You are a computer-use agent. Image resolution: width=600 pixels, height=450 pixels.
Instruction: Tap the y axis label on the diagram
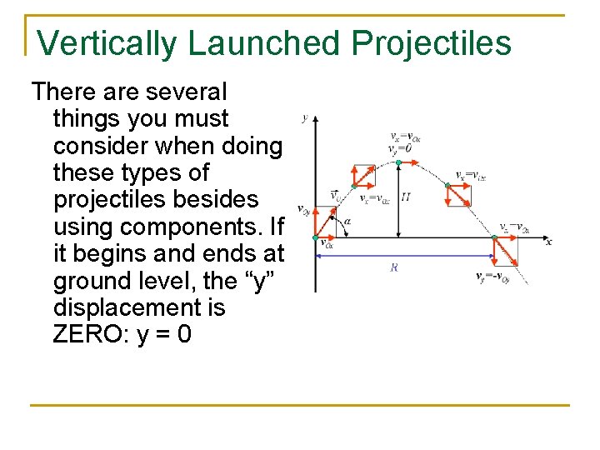(305, 117)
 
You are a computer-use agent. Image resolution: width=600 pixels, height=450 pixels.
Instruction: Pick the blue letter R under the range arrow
(393, 267)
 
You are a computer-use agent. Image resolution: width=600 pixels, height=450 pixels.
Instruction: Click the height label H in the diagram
(406, 197)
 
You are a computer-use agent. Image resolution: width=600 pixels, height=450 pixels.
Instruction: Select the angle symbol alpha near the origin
(346, 222)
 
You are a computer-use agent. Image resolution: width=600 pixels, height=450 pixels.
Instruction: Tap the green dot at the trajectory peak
(400, 161)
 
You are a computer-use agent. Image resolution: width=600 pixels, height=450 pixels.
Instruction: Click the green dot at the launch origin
(315, 238)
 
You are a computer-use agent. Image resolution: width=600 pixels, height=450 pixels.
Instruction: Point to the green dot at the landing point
(494, 239)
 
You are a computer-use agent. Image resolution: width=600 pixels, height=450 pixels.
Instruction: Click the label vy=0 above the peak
(401, 148)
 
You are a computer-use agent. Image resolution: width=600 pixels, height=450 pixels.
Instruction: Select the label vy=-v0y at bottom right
(492, 277)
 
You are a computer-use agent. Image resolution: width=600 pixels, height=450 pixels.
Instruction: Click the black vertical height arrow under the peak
(400, 200)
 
